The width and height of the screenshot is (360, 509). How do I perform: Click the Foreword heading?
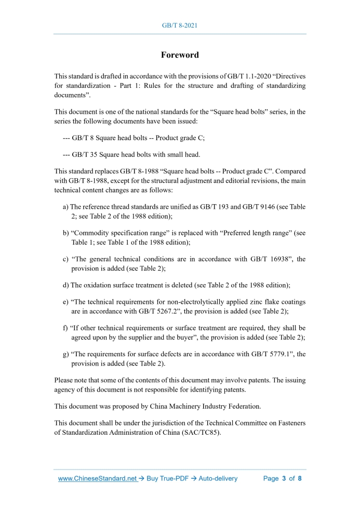pos(180,55)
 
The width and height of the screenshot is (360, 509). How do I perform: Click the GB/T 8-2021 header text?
pos(180,25)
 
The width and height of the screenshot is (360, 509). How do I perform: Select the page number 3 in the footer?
pos(284,478)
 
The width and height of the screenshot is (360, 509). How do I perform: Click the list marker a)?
pos(65,207)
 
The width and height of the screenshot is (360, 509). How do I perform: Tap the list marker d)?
pos(65,285)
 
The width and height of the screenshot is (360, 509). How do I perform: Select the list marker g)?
pos(65,354)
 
